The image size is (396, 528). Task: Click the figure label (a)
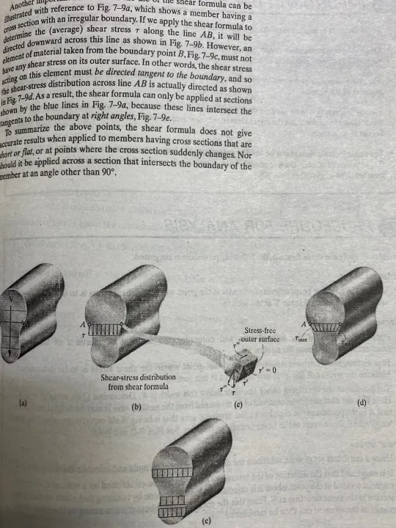[22, 403]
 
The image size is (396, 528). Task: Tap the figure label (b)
[135, 406]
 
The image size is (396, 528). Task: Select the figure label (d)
[361, 403]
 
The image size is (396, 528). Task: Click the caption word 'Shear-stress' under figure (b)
[119, 377]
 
